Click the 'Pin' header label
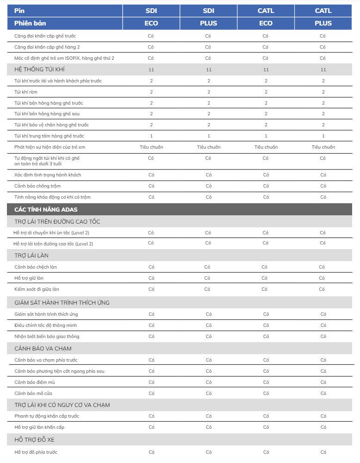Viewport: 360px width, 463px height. pyautogui.click(x=19, y=11)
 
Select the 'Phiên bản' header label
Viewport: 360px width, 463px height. pyautogui.click(x=30, y=23)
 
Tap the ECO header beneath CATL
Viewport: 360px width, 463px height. pyautogui.click(x=266, y=23)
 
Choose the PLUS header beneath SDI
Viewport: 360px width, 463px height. pyautogui.click(x=208, y=23)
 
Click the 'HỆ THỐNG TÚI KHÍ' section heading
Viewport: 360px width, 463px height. pyautogui.click(x=41, y=69)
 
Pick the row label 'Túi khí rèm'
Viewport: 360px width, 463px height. pyautogui.click(x=26, y=92)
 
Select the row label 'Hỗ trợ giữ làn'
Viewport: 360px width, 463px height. pyautogui.click(x=29, y=278)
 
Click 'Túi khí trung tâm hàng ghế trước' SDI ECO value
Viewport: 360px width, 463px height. pyautogui.click(x=151, y=136)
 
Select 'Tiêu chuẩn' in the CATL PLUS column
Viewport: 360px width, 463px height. pyautogui.click(x=323, y=147)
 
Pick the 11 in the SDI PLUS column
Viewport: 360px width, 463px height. pyautogui.click(x=209, y=69)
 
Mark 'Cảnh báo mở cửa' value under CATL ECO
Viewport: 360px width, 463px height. pyautogui.click(x=266, y=393)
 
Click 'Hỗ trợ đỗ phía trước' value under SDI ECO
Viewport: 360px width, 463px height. pyautogui.click(x=151, y=452)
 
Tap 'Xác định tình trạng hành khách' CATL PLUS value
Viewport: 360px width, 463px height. pyautogui.click(x=323, y=175)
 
